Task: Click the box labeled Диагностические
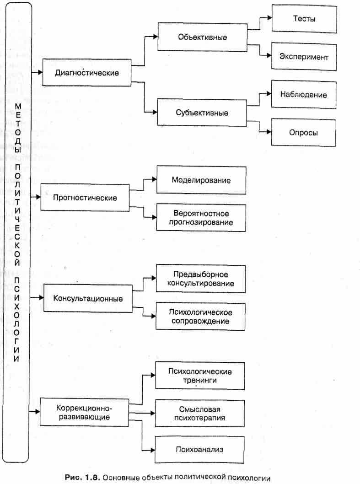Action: (86, 72)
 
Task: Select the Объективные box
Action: (202, 37)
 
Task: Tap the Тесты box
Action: (304, 19)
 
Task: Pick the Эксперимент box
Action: (304, 57)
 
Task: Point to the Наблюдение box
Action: (304, 95)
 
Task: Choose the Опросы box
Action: (304, 133)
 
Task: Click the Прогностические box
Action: (85, 198)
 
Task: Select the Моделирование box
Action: (201, 180)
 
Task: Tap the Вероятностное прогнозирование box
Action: (201, 218)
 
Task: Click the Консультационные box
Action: (87, 299)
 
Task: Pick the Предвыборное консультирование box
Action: (201, 279)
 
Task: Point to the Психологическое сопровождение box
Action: (201, 317)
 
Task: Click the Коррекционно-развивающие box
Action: (85, 412)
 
